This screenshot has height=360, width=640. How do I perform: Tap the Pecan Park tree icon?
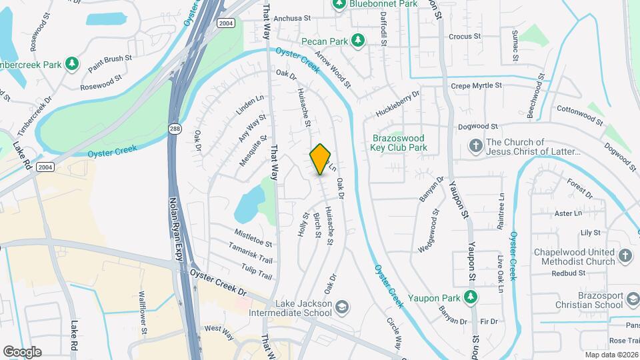358,41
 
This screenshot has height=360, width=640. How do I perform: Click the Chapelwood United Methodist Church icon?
625,255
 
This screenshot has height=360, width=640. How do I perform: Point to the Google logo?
22,351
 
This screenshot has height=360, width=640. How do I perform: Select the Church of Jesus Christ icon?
475,145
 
